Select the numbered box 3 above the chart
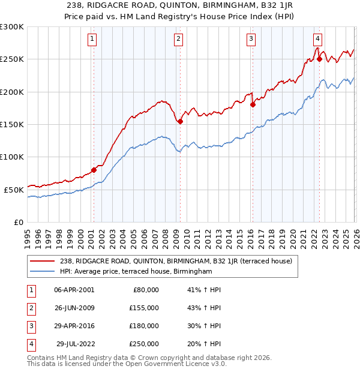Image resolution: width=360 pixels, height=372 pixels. pyautogui.click(x=251, y=40)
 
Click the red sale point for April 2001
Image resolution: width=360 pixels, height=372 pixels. pyautogui.click(x=94, y=170)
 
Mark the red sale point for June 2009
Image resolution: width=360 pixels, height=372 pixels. pyautogui.click(x=180, y=121)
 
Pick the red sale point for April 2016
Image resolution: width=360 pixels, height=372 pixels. pyautogui.click(x=252, y=104)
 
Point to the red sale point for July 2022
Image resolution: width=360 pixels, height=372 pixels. pyautogui.click(x=319, y=59)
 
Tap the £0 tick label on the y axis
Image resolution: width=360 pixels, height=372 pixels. pyautogui.click(x=19, y=222)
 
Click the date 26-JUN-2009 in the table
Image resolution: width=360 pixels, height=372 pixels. pyautogui.click(x=74, y=308)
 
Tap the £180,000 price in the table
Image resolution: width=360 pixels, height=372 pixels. pyautogui.click(x=144, y=326)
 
